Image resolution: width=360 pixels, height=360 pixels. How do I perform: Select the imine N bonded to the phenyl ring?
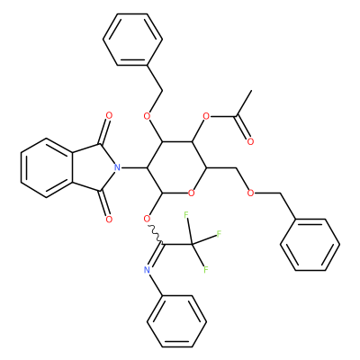147,270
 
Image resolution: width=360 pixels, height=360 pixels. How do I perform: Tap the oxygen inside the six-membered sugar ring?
192,193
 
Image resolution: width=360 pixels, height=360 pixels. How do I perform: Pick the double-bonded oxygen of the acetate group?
250,141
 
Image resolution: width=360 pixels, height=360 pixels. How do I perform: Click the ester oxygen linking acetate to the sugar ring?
206,116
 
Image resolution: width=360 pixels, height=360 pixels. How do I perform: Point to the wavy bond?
155,234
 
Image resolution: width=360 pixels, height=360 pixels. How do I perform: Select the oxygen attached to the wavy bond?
147,219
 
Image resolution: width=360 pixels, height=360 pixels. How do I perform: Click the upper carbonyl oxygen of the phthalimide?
109,115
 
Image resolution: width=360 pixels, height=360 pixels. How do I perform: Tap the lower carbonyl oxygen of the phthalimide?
109,220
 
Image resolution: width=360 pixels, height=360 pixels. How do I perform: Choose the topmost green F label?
186,214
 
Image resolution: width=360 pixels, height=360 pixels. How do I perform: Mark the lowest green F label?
206,270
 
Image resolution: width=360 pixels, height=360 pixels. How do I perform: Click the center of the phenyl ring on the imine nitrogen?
176,321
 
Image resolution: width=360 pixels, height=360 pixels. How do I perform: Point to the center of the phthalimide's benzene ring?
47,167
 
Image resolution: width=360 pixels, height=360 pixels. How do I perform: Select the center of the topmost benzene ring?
132,40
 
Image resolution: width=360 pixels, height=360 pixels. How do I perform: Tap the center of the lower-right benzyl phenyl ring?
310,245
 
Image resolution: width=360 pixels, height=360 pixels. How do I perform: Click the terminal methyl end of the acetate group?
251,90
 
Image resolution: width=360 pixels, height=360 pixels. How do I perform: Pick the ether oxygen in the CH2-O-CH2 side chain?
250,193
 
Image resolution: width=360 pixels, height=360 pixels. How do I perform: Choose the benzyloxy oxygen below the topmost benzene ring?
147,116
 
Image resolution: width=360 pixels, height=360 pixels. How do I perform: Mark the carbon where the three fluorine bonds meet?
192,244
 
